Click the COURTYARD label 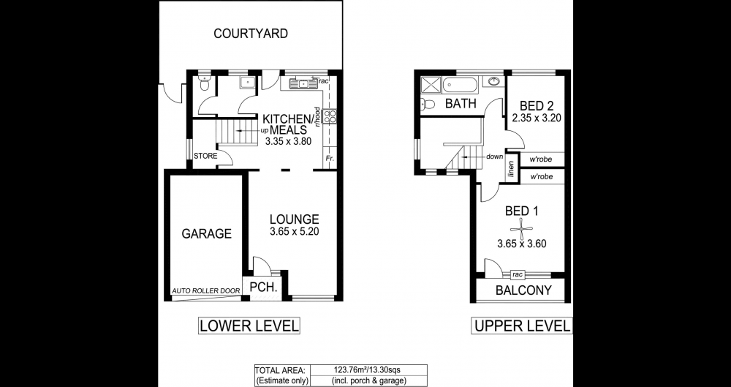click(x=250, y=34)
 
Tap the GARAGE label click(x=206, y=233)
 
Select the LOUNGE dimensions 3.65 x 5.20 click(x=294, y=232)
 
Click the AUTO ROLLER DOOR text click(x=206, y=291)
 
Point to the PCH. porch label click(x=264, y=287)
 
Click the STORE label click(x=205, y=156)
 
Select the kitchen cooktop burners click(x=330, y=116)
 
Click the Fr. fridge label click(x=330, y=158)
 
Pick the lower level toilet click(x=204, y=84)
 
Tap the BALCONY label click(x=523, y=290)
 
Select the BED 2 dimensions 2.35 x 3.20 click(x=536, y=118)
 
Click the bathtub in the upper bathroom click(x=460, y=86)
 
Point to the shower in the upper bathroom click(x=431, y=86)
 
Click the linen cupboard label click(x=512, y=169)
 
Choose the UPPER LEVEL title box click(x=522, y=326)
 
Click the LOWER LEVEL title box click(x=249, y=326)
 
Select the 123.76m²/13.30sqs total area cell click(x=368, y=370)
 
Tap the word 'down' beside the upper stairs click(x=495, y=157)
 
